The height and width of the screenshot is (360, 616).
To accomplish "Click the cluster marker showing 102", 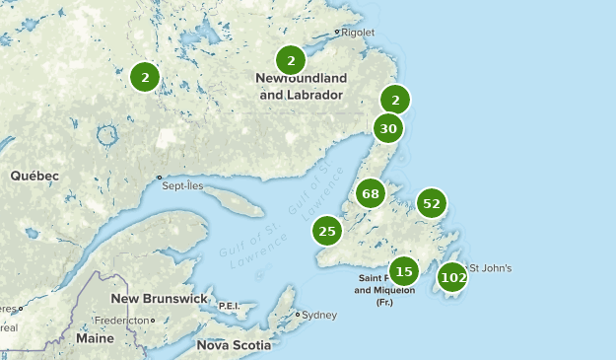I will (453, 277).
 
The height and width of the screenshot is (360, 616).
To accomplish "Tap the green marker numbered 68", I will (371, 193).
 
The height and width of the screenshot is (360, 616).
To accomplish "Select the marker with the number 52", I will (431, 204).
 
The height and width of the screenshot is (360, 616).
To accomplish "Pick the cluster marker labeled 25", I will (327, 232).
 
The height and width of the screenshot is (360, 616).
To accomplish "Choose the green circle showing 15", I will (403, 271).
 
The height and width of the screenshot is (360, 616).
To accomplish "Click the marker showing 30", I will (388, 128).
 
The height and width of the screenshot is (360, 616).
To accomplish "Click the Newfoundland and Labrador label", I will (301, 87).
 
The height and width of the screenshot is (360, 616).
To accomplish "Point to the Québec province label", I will (34, 176).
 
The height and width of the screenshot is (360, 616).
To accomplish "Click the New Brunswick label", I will (159, 299).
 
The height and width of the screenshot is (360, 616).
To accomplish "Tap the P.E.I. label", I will (229, 306).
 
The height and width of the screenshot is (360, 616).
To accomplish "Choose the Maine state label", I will (95, 338).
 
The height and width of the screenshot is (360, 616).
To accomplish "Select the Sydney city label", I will (319, 316).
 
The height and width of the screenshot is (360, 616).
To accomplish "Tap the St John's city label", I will (490, 268).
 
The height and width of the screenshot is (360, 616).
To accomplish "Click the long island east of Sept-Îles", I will (237, 203).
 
